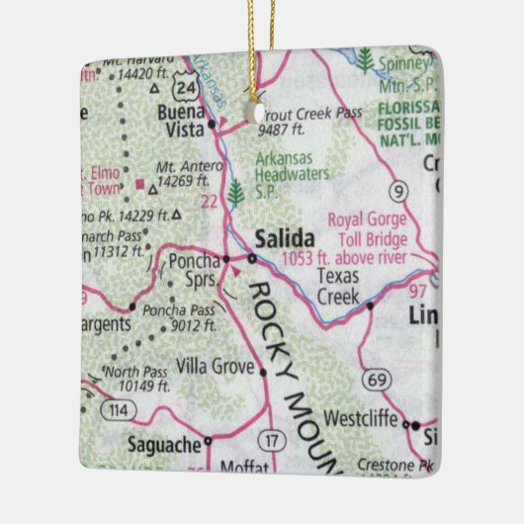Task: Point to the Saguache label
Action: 165,446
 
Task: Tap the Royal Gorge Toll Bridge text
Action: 367,228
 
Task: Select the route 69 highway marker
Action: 375,380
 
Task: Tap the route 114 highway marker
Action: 120,410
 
